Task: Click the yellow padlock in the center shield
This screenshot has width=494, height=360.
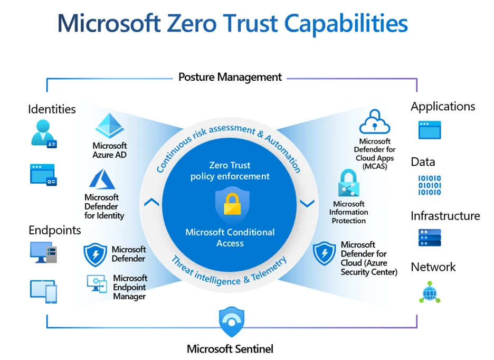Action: coord(232,204)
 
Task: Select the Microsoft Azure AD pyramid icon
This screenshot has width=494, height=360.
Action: coord(109,126)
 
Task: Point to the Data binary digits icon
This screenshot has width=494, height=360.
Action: coord(429,185)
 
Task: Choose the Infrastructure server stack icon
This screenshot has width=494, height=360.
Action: coord(429,238)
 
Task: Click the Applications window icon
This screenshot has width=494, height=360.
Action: coord(429,130)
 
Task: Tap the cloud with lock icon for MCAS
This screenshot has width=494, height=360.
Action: coord(374,122)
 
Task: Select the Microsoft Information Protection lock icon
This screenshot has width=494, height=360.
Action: coord(348,183)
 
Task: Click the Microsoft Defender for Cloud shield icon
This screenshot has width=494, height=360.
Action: coord(324,254)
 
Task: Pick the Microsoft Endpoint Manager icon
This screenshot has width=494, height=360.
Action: coord(97,283)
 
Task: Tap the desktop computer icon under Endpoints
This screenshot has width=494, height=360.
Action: coord(43,253)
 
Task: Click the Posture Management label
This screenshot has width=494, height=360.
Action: coord(230,77)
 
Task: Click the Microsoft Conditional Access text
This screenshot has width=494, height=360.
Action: coord(230,238)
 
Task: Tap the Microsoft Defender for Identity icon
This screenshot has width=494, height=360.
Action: coord(102,180)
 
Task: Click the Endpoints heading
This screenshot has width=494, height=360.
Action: coord(55,230)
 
